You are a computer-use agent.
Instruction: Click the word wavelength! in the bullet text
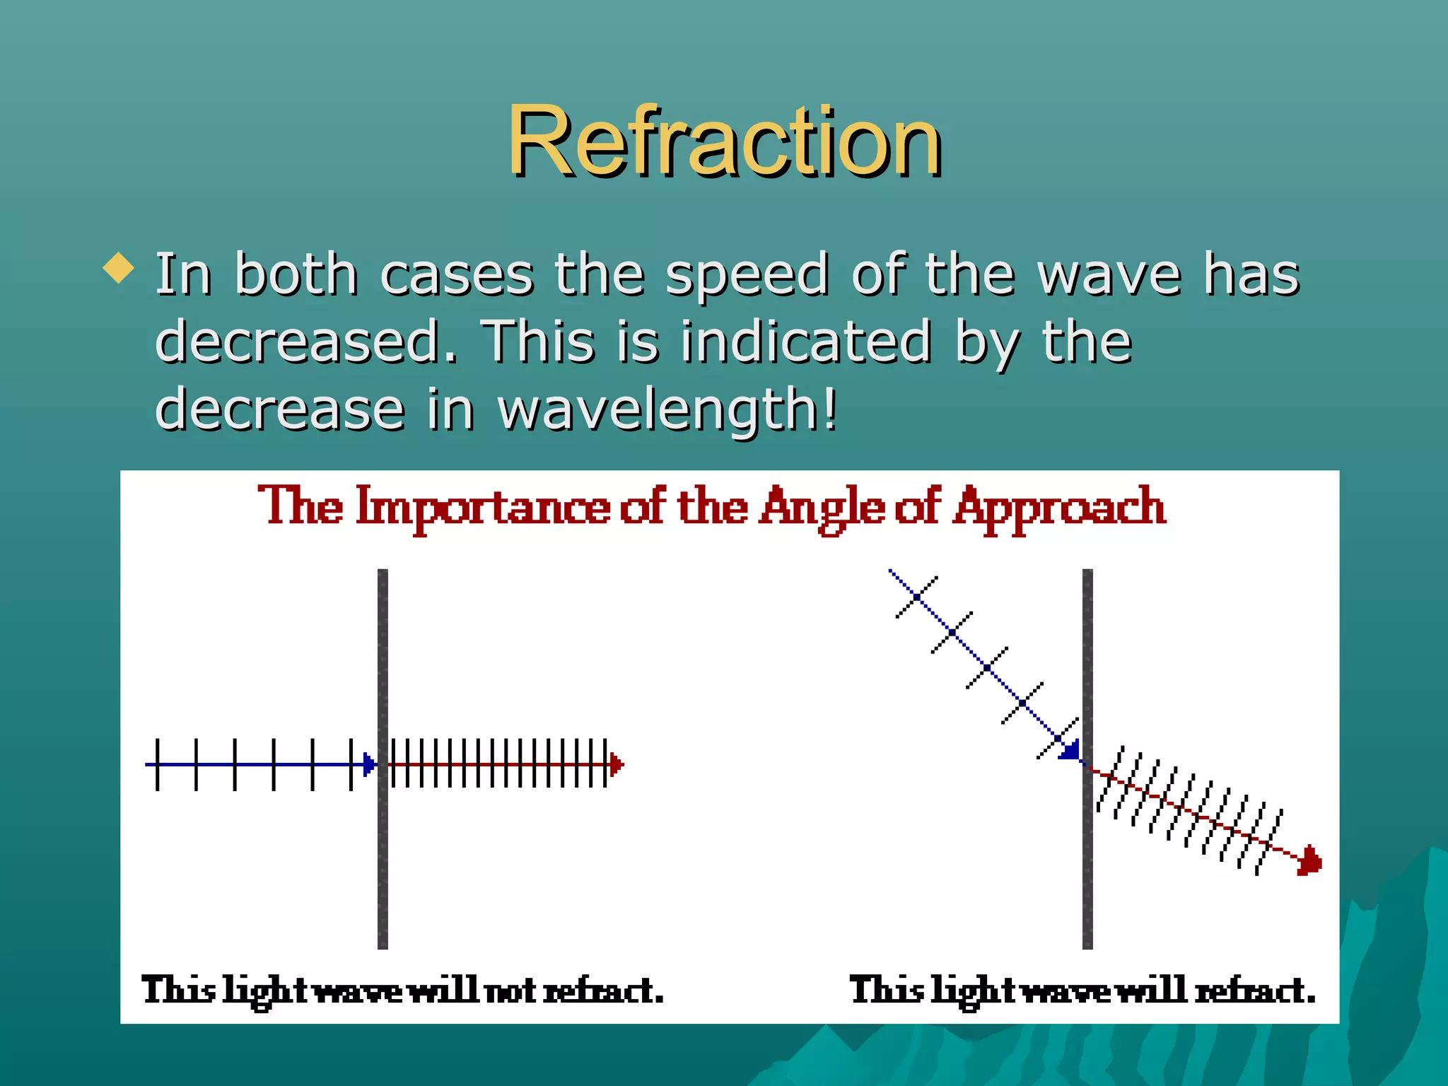pos(667,410)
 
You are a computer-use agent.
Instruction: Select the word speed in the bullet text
pos(747,274)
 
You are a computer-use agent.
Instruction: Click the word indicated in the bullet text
pos(806,342)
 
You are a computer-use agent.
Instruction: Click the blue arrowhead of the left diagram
pos(368,764)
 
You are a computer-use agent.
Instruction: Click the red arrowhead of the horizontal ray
pos(616,764)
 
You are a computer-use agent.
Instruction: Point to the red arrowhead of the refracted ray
pos(1310,861)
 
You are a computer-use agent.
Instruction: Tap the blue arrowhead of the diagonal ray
pos(1070,749)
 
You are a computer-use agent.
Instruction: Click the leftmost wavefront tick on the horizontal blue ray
pos(157,764)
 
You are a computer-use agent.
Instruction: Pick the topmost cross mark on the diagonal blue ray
pos(916,597)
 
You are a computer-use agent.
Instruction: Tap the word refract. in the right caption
pos(1255,990)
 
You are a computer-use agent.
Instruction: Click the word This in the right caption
pos(887,990)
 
